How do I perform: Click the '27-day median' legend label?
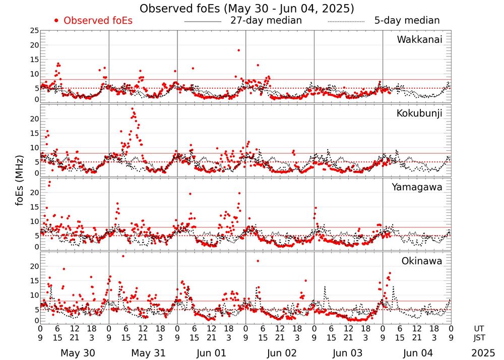pyautogui.click(x=266, y=21)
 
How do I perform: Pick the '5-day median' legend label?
pyautogui.click(x=407, y=21)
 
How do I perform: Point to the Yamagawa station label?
pyautogui.click(x=417, y=187)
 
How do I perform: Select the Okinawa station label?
pyautogui.click(x=421, y=261)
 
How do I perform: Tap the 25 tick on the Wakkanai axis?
pyautogui.click(x=34, y=31)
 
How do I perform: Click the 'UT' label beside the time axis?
pyautogui.click(x=480, y=328)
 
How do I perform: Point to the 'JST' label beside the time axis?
pyautogui.click(x=480, y=338)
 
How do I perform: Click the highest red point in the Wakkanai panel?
pyautogui.click(x=238, y=50)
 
